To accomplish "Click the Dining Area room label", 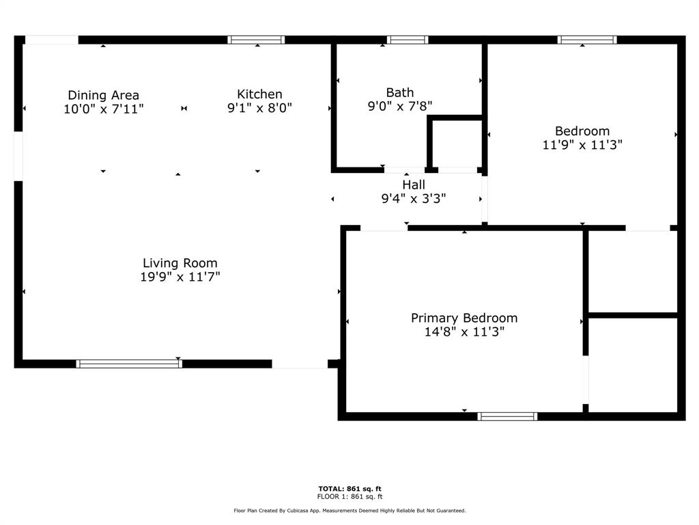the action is (104, 95).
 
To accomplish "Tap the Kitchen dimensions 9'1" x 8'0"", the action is (259, 107).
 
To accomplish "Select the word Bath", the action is (400, 92).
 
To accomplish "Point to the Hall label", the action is (414, 185).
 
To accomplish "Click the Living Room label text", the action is (180, 263).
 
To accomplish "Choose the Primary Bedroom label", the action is (464, 318).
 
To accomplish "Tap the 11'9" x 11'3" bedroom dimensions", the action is (582, 145).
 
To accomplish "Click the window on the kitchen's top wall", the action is (256, 40).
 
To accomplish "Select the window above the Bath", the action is (408, 40).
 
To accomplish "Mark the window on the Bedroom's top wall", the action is (587, 40).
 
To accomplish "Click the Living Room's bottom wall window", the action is (129, 364).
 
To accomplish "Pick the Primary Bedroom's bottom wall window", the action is (507, 416).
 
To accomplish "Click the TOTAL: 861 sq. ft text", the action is (350, 489).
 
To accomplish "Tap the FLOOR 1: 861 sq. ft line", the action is (350, 496).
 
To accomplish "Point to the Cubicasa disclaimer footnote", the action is (350, 510).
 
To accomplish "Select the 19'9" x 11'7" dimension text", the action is (180, 278).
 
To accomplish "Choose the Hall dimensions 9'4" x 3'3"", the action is (414, 199).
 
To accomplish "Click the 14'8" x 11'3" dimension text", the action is (464, 332).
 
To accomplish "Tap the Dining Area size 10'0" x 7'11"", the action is (104, 109).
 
